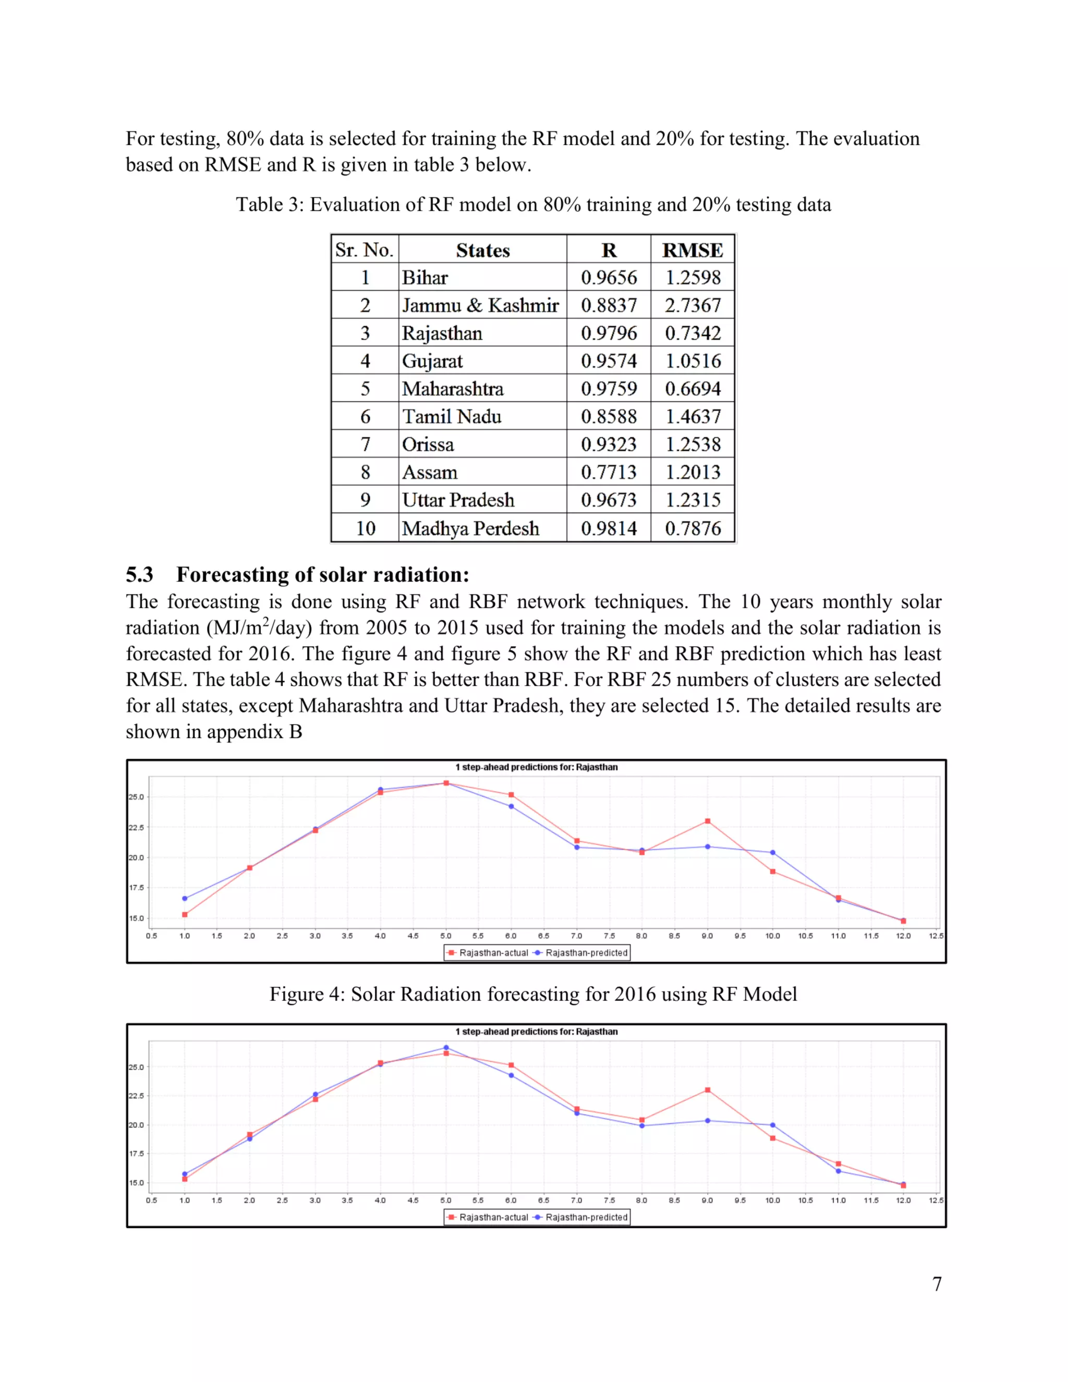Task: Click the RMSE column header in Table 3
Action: point(692,250)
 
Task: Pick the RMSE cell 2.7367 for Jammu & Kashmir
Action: point(692,305)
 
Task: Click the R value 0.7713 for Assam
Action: point(609,472)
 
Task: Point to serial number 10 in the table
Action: point(365,528)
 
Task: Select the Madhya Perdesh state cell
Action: point(471,528)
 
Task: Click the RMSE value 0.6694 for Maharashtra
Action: point(692,389)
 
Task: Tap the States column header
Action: point(483,250)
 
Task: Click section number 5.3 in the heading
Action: point(139,574)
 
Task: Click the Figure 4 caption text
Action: point(533,993)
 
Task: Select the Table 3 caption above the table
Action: point(533,204)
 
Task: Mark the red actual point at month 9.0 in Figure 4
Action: point(707,821)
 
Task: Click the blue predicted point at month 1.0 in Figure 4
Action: point(185,898)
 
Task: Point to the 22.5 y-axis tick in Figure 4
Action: point(136,828)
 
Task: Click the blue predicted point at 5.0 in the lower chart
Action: point(446,1047)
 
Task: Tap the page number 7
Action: point(937,1284)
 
